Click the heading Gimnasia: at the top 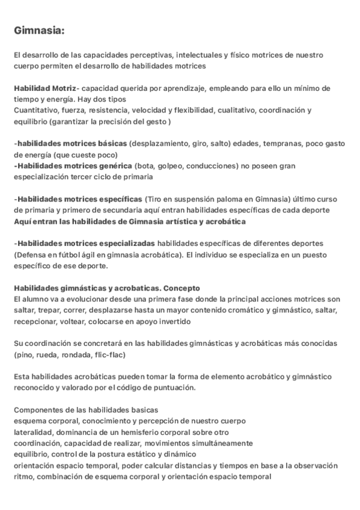click(40, 30)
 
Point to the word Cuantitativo click(36, 111)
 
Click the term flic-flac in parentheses click(108, 354)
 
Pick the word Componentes click(37, 410)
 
